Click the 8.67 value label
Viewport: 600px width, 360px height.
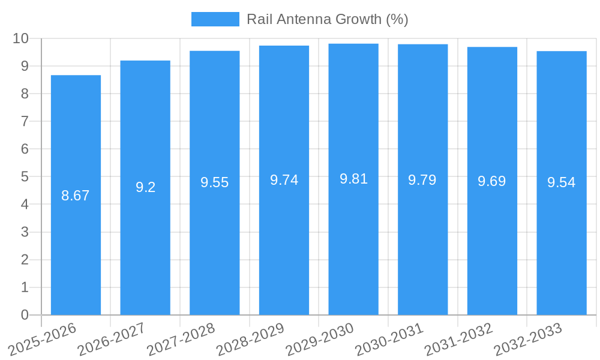[x=76, y=196]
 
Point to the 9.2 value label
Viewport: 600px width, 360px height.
[x=145, y=187]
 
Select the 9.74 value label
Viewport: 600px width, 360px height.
[x=284, y=180]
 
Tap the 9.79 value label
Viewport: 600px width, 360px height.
[x=422, y=180]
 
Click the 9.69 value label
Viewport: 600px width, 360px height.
[x=492, y=181]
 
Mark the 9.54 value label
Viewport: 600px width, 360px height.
[x=562, y=183]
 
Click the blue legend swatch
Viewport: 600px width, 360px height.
[x=215, y=19]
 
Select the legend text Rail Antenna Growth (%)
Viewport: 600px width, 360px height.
[x=328, y=19]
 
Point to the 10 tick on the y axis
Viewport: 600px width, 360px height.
[x=21, y=38]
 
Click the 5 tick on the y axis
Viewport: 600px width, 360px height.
[x=25, y=177]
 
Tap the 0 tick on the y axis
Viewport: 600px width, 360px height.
[x=25, y=315]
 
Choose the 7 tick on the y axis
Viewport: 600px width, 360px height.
[x=25, y=121]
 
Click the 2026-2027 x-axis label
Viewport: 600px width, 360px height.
[x=112, y=338]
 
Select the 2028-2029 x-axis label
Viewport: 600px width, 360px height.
[x=251, y=338]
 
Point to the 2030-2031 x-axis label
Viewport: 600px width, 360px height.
[x=389, y=338]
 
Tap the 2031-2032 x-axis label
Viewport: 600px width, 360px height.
[x=459, y=338]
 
